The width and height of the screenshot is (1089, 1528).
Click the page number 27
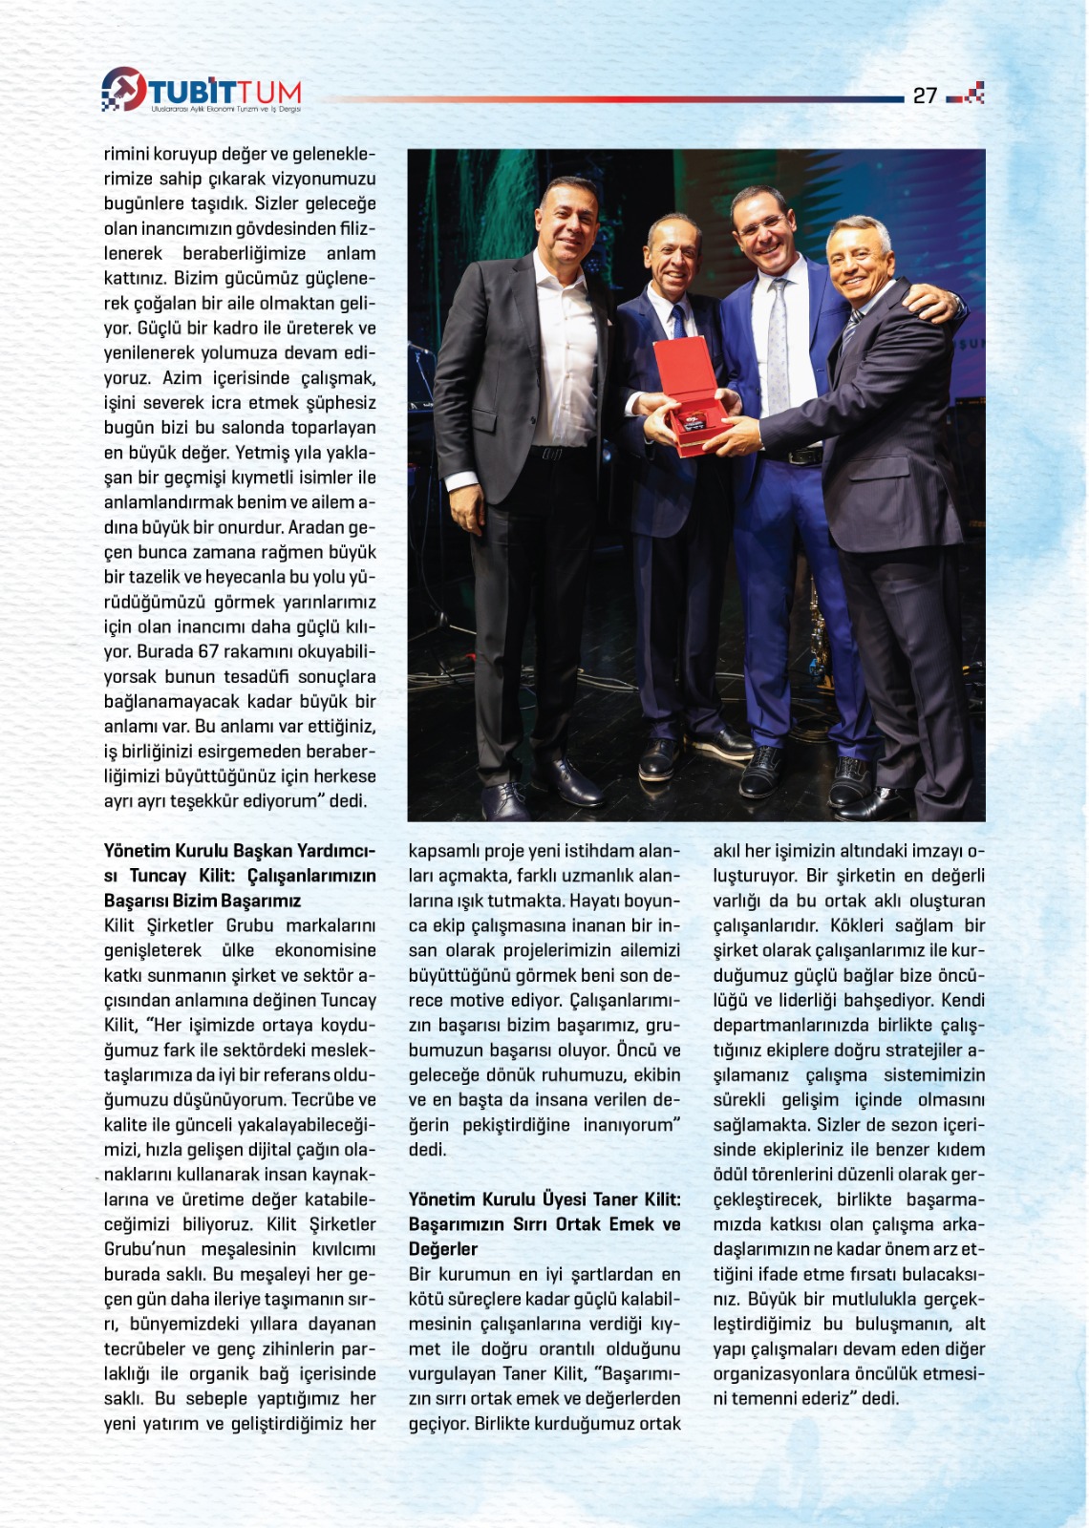coord(925,95)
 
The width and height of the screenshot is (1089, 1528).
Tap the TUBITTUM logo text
coord(225,94)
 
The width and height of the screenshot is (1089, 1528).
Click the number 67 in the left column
coord(208,651)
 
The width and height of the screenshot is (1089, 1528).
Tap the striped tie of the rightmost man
coord(850,329)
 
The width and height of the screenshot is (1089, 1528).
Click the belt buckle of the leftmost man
coord(551,453)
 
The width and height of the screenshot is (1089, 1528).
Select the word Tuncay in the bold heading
coord(159,876)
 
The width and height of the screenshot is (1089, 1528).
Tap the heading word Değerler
coord(442,1249)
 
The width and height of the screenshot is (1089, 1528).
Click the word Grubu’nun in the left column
coord(145,1249)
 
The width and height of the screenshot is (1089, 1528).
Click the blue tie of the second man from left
coord(678,323)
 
